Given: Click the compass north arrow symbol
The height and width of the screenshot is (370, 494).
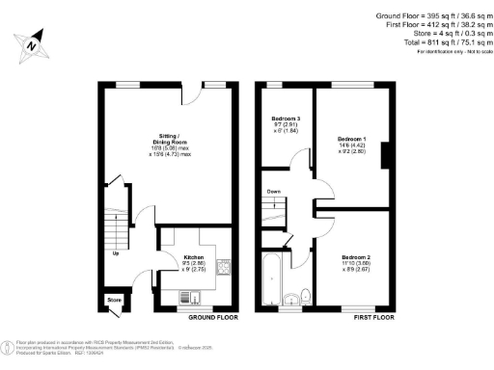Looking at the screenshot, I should (32, 44).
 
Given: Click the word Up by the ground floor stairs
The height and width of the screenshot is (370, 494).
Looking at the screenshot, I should (117, 254).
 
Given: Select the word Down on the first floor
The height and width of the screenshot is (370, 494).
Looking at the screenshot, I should (274, 191).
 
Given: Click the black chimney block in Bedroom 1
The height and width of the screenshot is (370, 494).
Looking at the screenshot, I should (385, 154).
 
